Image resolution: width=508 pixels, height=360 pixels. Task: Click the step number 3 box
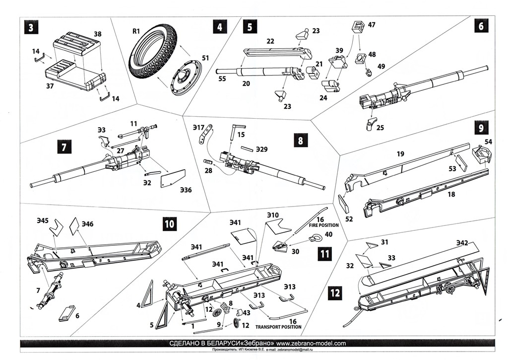pyautogui.click(x=31, y=28)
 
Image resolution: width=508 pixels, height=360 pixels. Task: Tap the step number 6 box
pyautogui.click(x=480, y=26)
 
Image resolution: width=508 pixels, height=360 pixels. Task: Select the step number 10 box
pyautogui.click(x=169, y=224)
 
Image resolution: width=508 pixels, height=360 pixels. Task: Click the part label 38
pyautogui.click(x=98, y=35)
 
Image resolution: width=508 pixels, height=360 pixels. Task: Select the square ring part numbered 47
pyautogui.click(x=357, y=27)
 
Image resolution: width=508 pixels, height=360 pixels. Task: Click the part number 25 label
pyautogui.click(x=381, y=128)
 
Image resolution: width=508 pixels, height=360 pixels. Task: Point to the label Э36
pyautogui.click(x=186, y=190)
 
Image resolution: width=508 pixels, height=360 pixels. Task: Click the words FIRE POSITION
pyautogui.click(x=325, y=225)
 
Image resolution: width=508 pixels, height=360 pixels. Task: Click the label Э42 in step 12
pyautogui.click(x=462, y=243)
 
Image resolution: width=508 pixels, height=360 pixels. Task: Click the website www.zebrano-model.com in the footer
pyautogui.click(x=311, y=343)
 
